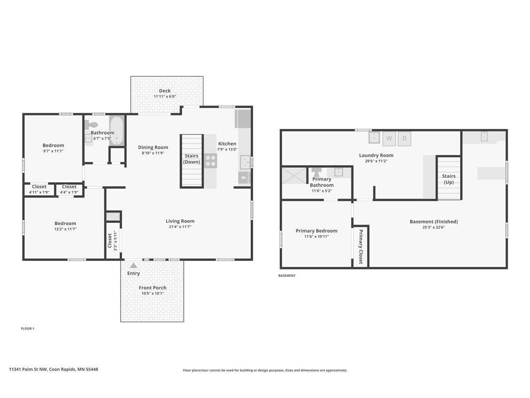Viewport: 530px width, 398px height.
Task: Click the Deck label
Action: (x=165, y=91)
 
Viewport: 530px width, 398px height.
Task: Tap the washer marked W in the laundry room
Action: (x=389, y=138)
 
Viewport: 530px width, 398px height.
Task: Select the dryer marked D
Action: (x=404, y=138)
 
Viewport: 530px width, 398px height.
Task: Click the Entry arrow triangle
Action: (x=134, y=265)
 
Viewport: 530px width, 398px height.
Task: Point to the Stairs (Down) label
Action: (x=192, y=159)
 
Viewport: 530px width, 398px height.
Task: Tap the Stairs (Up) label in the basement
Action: (x=449, y=179)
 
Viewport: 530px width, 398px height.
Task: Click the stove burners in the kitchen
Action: (x=211, y=161)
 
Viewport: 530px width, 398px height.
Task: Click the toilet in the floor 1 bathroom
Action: (x=91, y=124)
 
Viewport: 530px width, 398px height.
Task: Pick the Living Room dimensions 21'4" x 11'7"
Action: (x=180, y=227)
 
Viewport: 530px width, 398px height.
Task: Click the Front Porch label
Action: (x=153, y=288)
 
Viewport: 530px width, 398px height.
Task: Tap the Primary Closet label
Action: (x=361, y=246)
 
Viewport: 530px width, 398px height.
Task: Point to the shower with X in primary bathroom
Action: (x=294, y=175)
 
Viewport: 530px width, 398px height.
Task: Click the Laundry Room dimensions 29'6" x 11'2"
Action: (x=376, y=161)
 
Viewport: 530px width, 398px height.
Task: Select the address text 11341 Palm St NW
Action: (x=28, y=369)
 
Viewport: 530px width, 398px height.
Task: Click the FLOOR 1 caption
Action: (x=28, y=328)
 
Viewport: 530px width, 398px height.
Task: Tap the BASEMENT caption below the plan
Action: (x=287, y=276)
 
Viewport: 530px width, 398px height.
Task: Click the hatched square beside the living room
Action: (x=113, y=217)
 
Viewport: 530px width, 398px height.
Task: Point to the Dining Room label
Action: (x=153, y=147)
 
